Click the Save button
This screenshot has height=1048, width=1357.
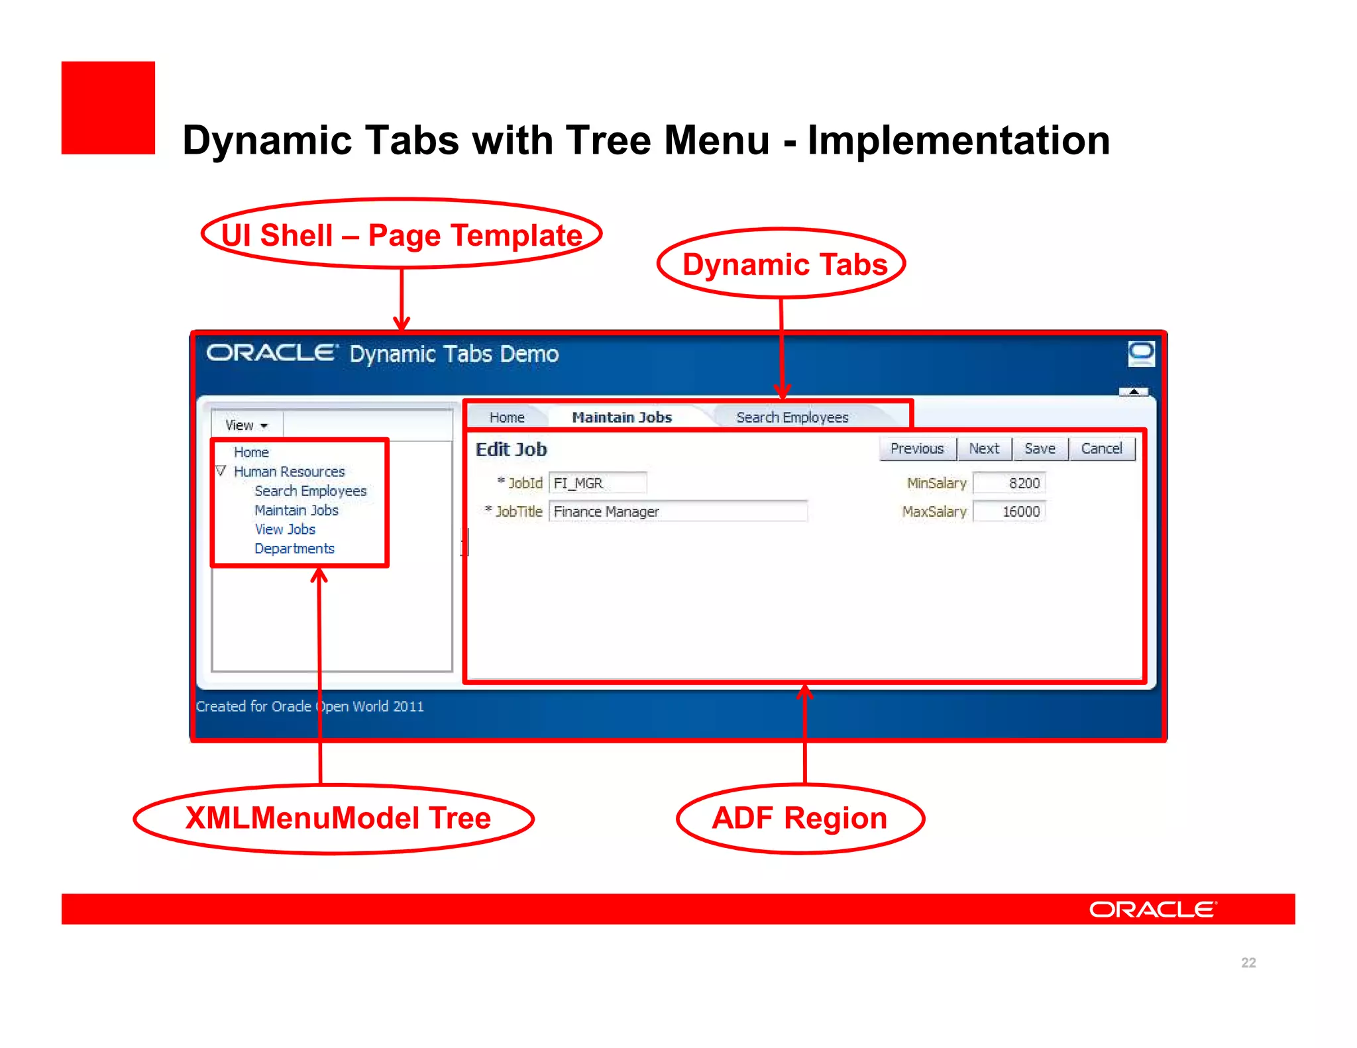1039,448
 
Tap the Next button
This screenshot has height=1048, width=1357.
983,448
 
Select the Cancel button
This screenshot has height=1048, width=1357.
1101,448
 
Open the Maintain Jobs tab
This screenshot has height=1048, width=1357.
622,417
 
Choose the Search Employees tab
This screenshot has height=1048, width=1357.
792,417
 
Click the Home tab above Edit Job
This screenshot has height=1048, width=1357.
507,417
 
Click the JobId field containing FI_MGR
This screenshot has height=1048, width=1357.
597,483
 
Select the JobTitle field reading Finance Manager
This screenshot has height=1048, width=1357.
677,511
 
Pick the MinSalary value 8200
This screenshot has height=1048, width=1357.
1009,483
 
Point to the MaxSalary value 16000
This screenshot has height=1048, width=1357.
1009,511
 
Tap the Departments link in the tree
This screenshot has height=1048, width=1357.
294,549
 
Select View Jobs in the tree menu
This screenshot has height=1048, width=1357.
285,529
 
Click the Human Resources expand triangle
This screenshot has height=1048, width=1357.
221,471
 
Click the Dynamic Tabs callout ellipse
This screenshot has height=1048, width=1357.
782,264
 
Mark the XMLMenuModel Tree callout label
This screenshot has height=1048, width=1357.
337,818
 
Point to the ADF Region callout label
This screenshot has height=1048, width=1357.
800,818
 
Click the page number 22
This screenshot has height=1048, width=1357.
1248,962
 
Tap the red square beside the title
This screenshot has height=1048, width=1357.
108,108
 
